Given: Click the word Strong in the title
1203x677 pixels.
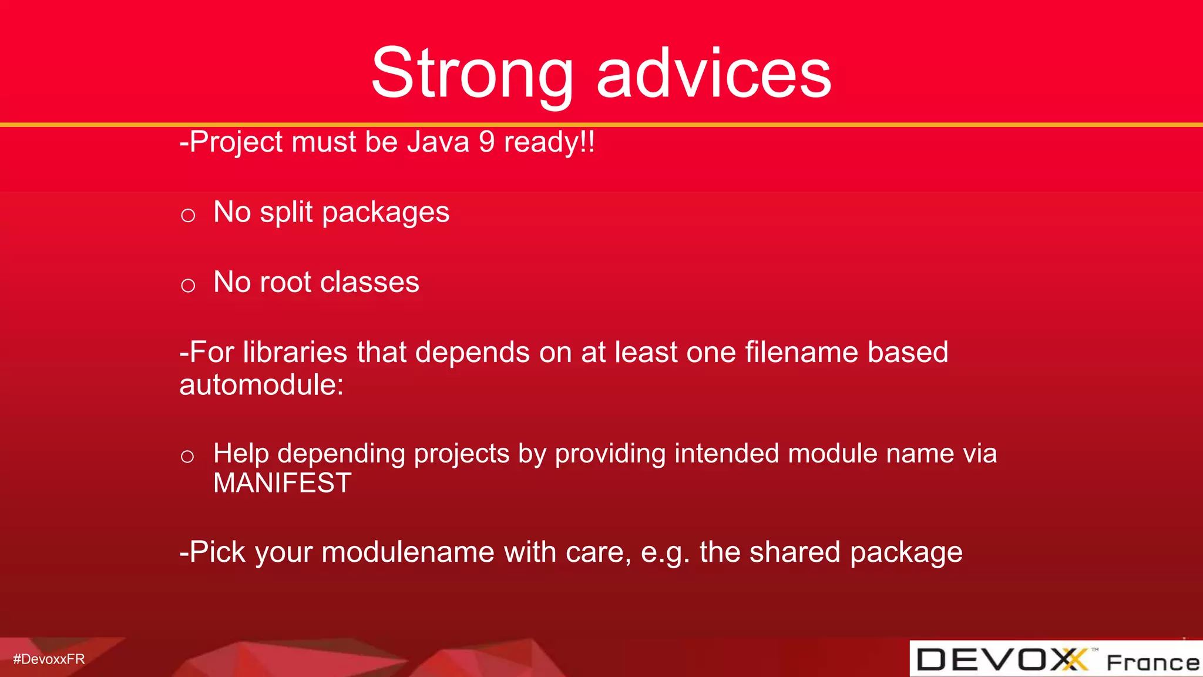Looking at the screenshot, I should point(472,73).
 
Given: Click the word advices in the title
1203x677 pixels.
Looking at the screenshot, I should point(713,73).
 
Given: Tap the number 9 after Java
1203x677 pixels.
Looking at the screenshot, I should point(486,142).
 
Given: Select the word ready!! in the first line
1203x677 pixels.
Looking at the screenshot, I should point(549,142).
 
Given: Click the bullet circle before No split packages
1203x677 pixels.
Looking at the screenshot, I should point(188,216).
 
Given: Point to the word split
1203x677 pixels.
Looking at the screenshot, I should point(286,213).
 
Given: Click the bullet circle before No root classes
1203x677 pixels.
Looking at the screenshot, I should point(188,286).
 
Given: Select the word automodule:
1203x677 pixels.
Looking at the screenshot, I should point(261,385).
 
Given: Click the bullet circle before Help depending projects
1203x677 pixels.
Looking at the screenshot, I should point(187,456).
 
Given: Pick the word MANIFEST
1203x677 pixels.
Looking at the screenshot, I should point(282,483).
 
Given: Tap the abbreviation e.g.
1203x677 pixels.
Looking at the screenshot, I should point(665,552).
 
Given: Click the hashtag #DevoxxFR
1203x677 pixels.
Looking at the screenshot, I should point(49,659).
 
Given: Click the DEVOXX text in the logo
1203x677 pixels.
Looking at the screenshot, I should point(1001,659).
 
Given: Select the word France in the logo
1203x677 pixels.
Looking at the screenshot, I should point(1152,662).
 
